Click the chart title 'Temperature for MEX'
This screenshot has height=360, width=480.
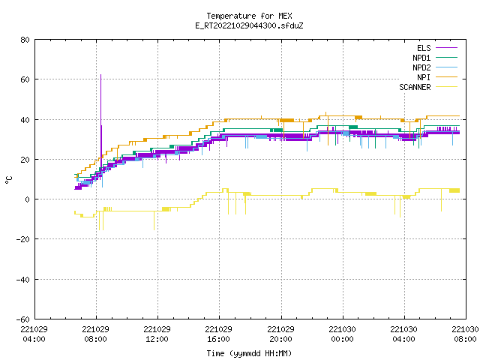click(249, 16)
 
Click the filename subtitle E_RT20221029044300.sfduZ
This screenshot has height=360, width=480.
click(249, 25)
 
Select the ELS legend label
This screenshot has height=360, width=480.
click(424, 48)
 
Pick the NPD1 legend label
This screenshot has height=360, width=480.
click(421, 58)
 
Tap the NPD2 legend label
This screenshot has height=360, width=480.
click(421, 67)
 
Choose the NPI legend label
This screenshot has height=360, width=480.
click(424, 77)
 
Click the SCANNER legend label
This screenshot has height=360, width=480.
click(415, 87)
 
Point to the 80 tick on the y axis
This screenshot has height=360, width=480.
click(25, 40)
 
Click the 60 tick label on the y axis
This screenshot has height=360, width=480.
click(25, 79)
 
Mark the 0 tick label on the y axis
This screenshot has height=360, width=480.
click(28, 199)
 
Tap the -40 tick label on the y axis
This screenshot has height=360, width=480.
click(23, 280)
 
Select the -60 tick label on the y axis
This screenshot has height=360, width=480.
click(23, 319)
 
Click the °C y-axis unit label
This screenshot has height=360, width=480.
click(9, 180)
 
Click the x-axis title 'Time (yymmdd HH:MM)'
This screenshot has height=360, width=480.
click(249, 353)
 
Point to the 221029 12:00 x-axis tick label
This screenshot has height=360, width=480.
click(157, 334)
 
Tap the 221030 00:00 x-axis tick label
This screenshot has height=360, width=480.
click(342, 334)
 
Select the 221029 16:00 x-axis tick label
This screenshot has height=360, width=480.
click(218, 334)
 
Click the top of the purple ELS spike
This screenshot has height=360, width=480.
click(100, 75)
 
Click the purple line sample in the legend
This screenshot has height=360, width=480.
click(446, 48)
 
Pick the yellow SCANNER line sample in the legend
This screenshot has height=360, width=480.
click(446, 87)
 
